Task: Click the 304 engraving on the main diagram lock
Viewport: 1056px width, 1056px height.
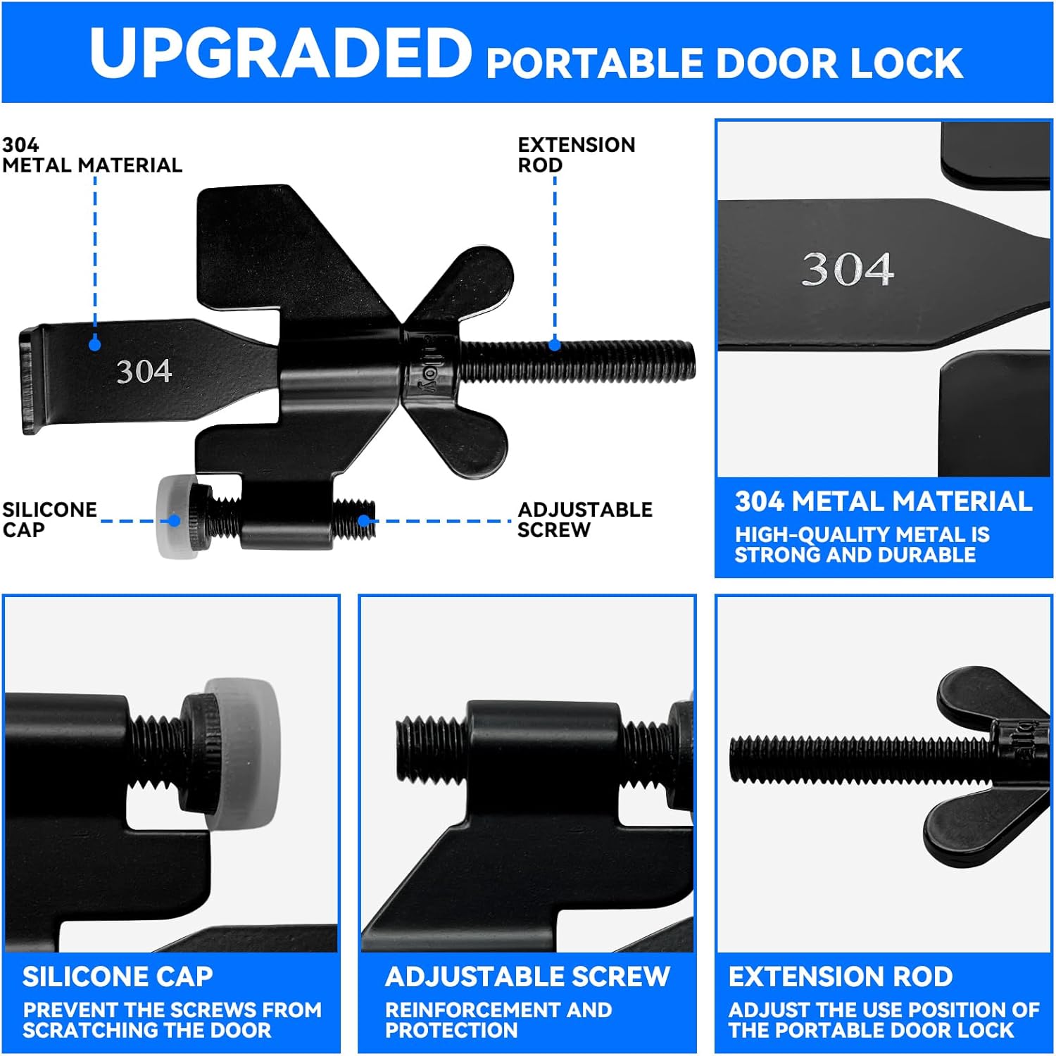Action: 144,371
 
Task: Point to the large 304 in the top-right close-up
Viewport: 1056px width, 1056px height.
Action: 848,269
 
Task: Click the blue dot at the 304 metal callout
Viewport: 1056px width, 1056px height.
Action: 95,344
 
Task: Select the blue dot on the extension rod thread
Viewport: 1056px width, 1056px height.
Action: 555,344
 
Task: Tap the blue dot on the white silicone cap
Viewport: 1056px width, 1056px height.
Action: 174,521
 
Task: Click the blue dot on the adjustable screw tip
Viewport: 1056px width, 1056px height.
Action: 363,521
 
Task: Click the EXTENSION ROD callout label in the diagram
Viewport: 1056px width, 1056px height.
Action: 576,155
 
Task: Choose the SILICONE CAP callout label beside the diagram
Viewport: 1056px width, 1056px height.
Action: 49,520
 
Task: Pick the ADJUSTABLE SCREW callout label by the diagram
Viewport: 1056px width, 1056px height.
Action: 585,520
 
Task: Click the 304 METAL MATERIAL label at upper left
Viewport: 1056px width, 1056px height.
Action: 92,155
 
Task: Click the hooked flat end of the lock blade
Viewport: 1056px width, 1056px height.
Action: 30,380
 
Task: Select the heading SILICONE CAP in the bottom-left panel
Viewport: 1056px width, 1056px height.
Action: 118,976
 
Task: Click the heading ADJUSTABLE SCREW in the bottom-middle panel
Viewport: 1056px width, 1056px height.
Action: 527,976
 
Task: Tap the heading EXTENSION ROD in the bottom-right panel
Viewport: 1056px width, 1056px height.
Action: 841,976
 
